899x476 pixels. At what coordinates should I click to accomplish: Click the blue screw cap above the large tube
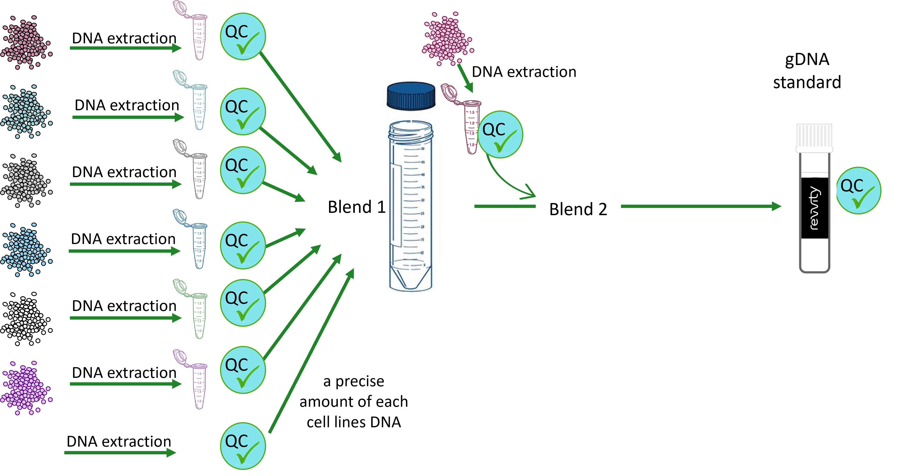(411, 96)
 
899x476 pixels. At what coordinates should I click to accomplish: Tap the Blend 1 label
(356, 207)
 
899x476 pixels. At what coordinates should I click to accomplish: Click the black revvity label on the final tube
(815, 208)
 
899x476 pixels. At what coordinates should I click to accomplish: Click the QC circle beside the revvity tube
(858, 191)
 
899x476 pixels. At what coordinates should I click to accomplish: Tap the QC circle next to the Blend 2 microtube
(500, 135)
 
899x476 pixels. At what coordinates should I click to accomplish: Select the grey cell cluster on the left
(26, 180)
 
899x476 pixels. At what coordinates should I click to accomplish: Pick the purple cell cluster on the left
(26, 388)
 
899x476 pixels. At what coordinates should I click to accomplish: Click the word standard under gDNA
(807, 83)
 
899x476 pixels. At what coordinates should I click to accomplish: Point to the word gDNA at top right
(807, 59)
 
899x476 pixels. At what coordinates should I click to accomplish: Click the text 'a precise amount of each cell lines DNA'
(353, 402)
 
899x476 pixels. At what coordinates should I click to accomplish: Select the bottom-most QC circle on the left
(243, 446)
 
